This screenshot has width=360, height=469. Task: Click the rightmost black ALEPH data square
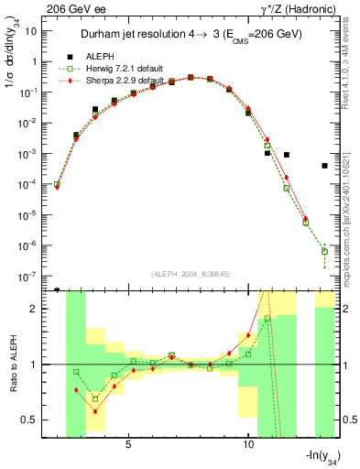click(324, 166)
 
